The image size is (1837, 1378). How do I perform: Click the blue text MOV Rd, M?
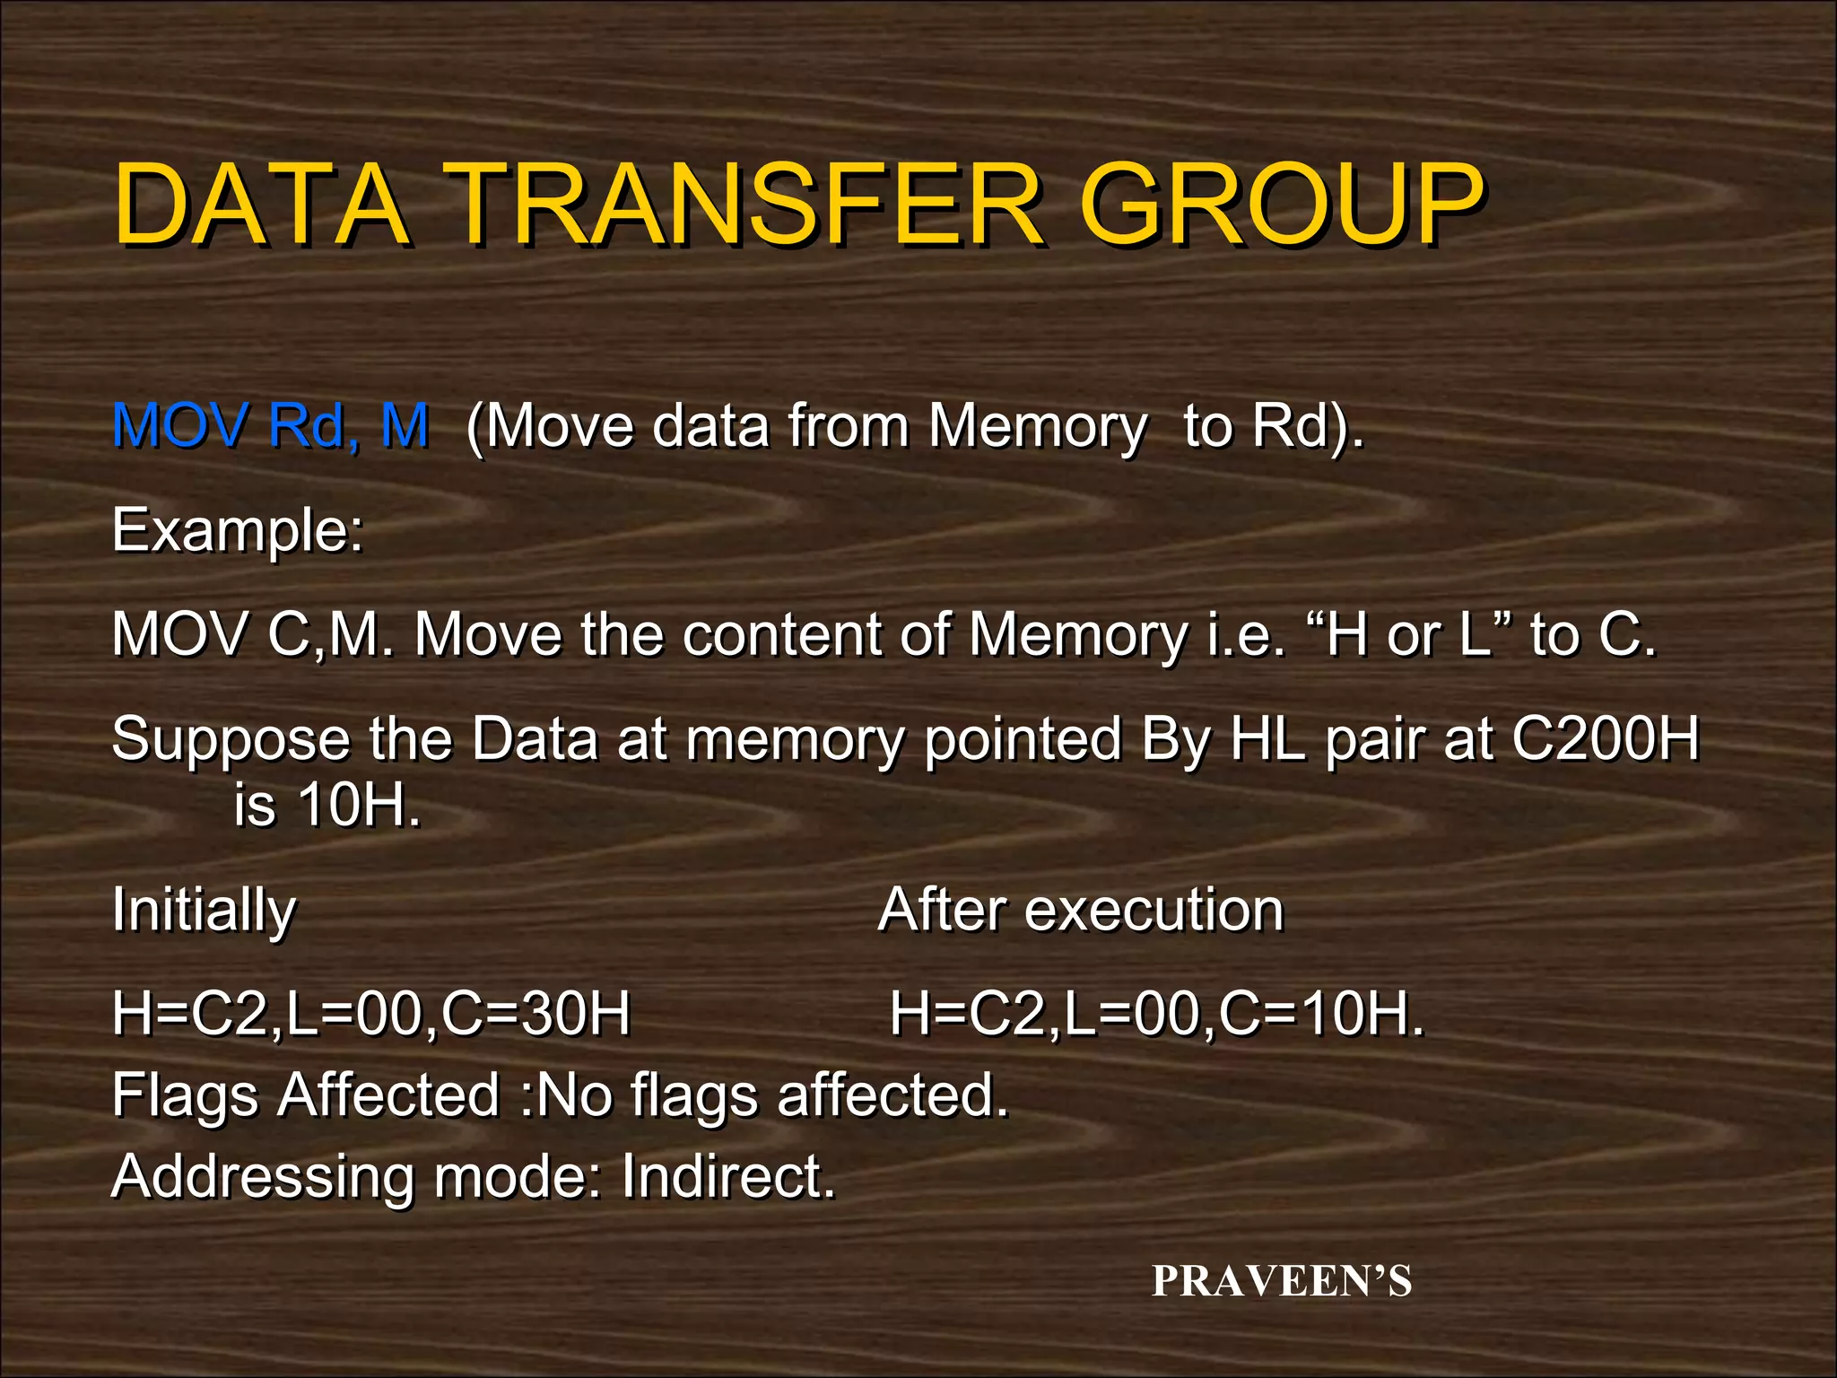(270, 425)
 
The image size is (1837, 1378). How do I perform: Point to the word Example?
(238, 531)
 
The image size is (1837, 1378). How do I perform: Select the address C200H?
(1605, 739)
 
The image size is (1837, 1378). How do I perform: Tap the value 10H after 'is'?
(358, 805)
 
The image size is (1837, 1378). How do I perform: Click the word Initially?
(204, 911)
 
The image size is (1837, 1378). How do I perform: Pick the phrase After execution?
(1081, 910)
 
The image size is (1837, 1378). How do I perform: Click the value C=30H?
(536, 1015)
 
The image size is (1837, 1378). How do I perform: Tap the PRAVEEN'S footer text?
(1282, 1281)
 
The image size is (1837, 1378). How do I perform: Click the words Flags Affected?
(305, 1095)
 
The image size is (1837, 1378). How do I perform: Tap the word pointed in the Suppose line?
(1023, 741)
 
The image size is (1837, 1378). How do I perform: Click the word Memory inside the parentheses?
(1037, 425)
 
